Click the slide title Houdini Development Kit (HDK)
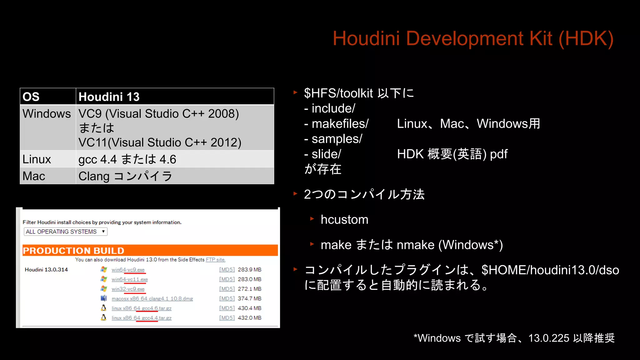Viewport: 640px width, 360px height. coord(473,39)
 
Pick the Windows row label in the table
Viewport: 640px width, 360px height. coord(47,114)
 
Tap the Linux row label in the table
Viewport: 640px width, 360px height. coord(37,159)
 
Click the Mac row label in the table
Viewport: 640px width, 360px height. coord(34,176)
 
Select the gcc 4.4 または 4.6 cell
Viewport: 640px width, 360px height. coord(127,159)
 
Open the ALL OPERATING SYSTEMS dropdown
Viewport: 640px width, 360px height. coord(65,232)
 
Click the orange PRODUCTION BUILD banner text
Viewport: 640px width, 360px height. coord(73,251)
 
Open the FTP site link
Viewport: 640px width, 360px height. coord(215,260)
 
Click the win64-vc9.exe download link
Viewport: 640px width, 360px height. coord(128,270)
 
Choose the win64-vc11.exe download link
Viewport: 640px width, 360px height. coord(130,279)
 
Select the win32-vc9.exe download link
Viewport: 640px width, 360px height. coord(128,289)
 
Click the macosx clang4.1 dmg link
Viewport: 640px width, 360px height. coord(152,299)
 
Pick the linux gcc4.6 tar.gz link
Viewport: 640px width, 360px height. coord(142,308)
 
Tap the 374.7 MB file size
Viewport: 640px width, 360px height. coord(249,299)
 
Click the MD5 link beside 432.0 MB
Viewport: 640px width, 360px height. coord(227,318)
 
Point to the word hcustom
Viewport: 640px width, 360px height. coord(344,220)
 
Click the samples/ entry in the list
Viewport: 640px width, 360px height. coord(337,139)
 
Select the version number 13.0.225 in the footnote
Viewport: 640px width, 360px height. coord(549,338)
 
